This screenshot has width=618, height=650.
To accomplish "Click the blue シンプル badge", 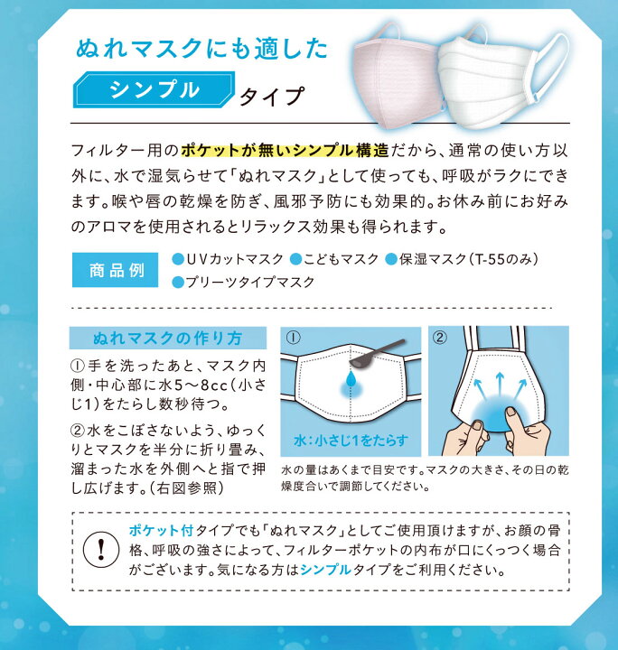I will tap(153, 89).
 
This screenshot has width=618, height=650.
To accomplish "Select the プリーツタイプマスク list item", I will tap(249, 282).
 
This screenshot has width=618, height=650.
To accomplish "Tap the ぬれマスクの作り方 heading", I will tap(168, 339).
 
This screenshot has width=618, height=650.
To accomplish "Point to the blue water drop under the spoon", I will tap(351, 383).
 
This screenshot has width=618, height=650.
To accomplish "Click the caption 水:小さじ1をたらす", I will tap(351, 441).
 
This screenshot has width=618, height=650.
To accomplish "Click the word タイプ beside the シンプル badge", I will tap(269, 93).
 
